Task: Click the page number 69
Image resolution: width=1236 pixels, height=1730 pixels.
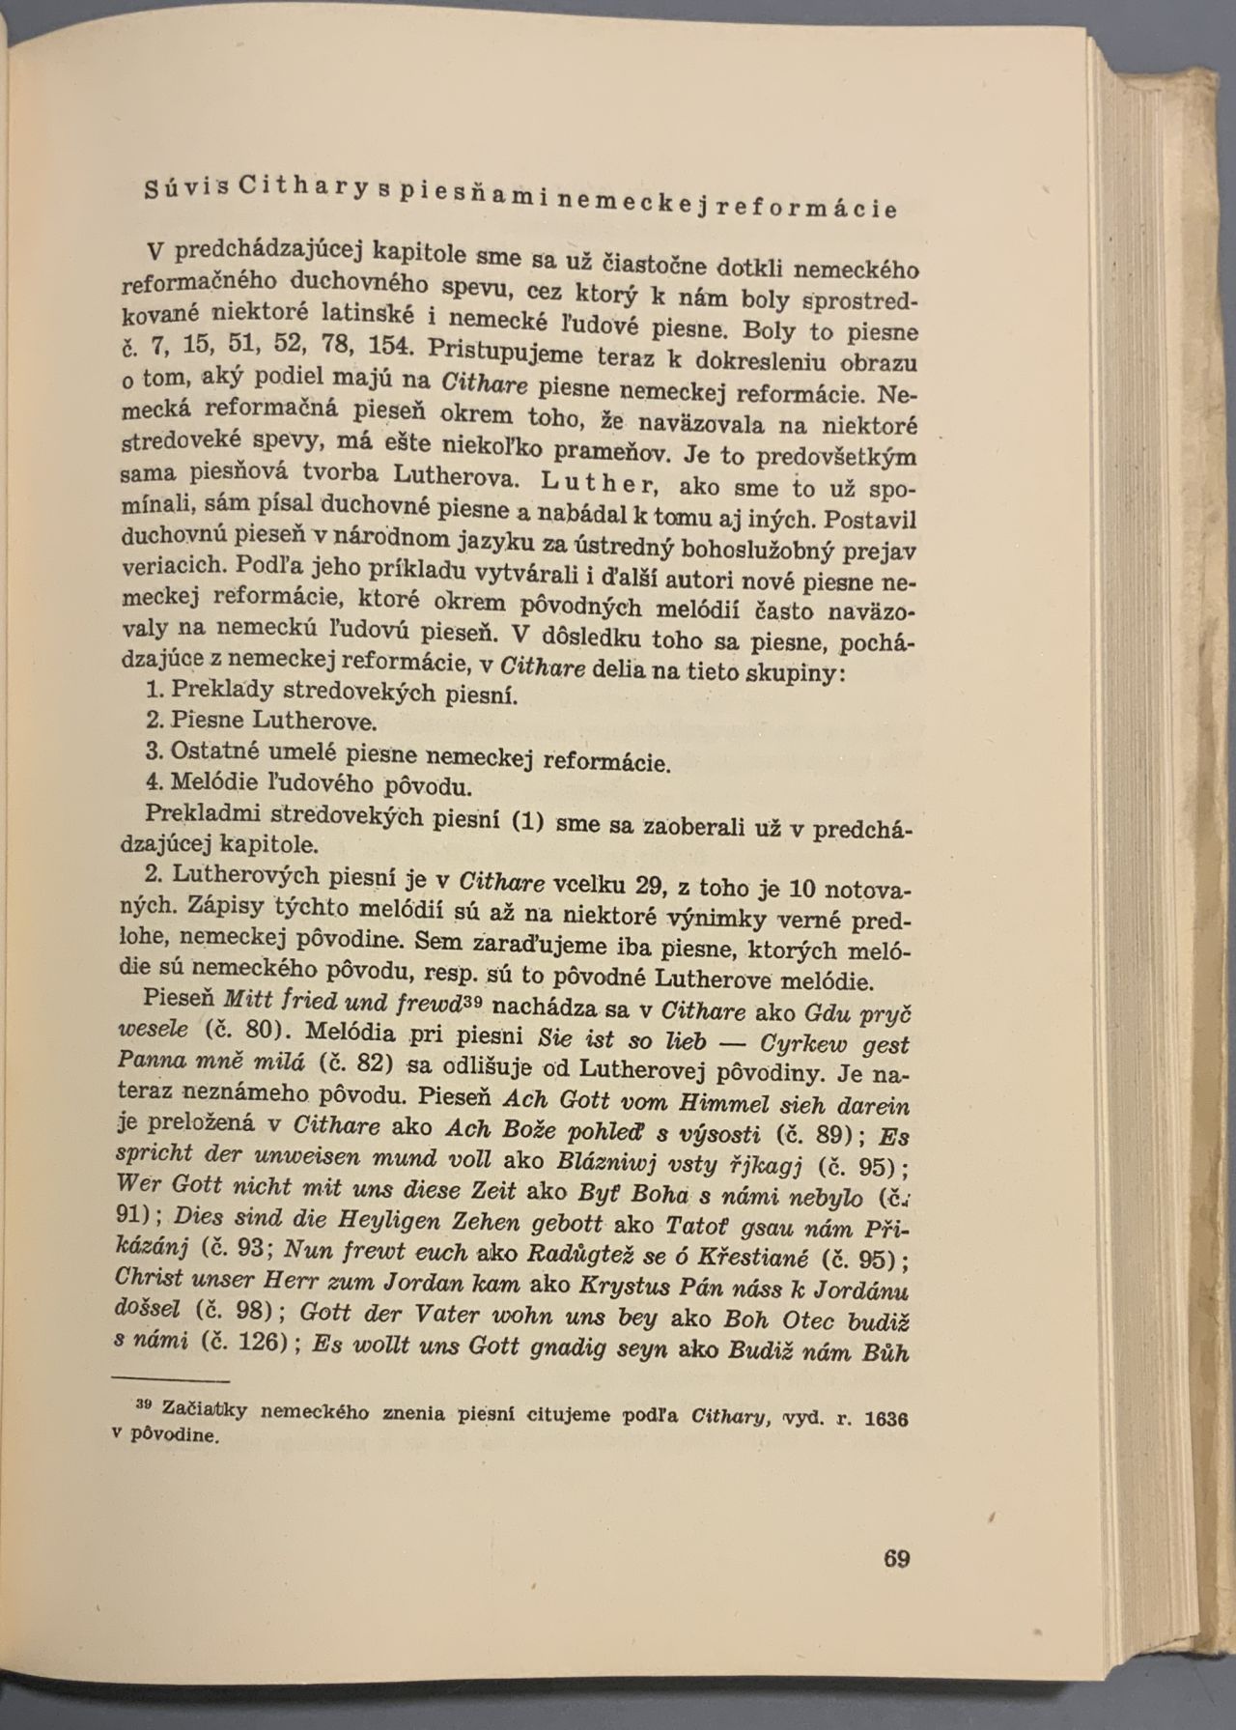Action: (x=896, y=1558)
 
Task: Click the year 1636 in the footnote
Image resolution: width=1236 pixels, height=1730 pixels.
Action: (x=886, y=1418)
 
